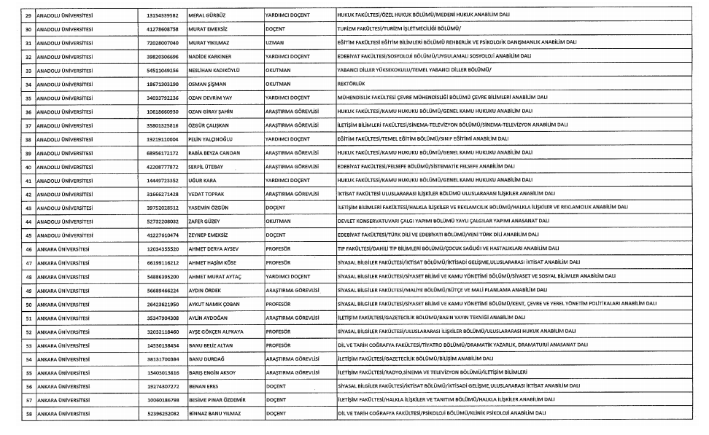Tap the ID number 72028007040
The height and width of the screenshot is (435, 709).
163,42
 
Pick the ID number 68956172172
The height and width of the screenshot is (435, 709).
163,153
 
